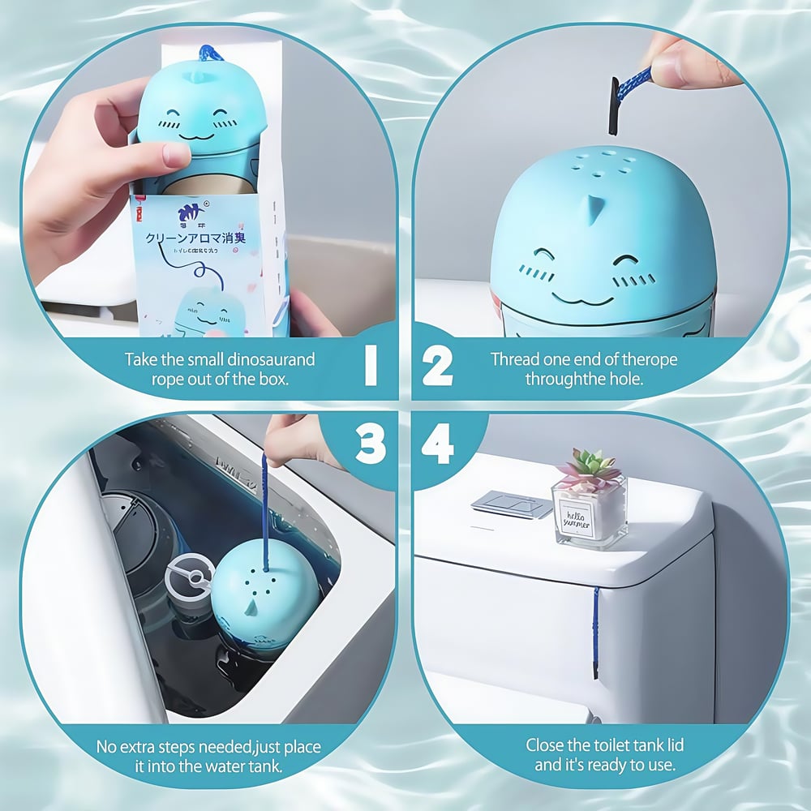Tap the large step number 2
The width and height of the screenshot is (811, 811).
437,367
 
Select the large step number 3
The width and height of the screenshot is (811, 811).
370,444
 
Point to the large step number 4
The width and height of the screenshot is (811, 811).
437,444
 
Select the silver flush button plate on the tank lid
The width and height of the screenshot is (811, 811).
512,504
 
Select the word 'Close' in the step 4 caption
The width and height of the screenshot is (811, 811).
546,744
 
